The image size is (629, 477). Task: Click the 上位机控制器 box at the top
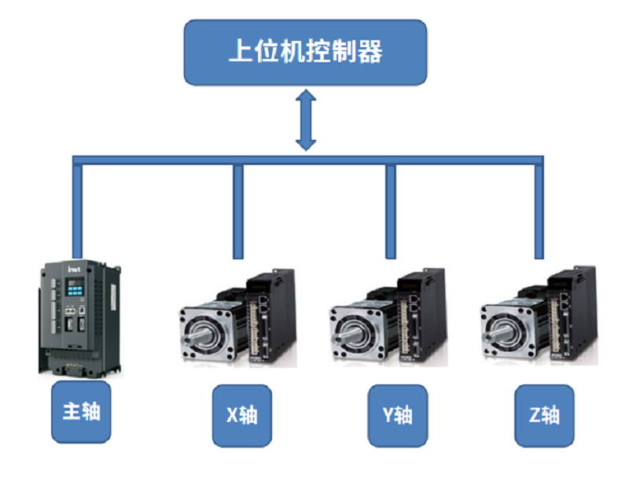[x=305, y=53]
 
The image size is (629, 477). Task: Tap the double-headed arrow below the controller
[x=306, y=120]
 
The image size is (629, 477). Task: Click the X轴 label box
[x=242, y=415]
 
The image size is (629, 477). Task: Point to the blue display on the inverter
[x=76, y=289]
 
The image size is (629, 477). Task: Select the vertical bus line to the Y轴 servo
[x=388, y=212]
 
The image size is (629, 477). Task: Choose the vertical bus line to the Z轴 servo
[x=538, y=212]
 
